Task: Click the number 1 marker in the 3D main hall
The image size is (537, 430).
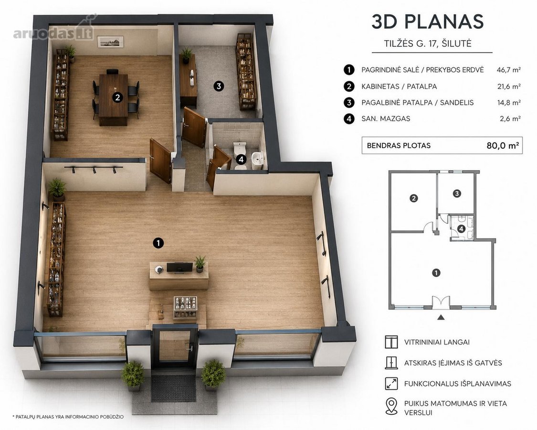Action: (158, 243)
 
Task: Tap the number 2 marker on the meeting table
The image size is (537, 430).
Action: (117, 98)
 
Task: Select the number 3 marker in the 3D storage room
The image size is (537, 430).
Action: (219, 86)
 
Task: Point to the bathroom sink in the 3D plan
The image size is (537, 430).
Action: (257, 159)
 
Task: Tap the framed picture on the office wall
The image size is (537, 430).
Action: (110, 42)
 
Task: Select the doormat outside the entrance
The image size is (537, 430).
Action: (174, 388)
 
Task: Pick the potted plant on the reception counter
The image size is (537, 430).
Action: (200, 264)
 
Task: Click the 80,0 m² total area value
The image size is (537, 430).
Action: (503, 145)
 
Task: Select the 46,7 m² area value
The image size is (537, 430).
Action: (508, 70)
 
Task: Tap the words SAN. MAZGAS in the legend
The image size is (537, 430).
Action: (386, 118)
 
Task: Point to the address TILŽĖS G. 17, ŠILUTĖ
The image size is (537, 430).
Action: (428, 43)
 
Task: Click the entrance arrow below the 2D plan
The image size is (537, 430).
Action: (441, 318)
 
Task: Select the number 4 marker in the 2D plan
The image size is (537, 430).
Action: (461, 228)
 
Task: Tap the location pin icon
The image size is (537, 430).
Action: (391, 406)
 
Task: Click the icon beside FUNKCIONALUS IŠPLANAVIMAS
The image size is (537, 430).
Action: (391, 383)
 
